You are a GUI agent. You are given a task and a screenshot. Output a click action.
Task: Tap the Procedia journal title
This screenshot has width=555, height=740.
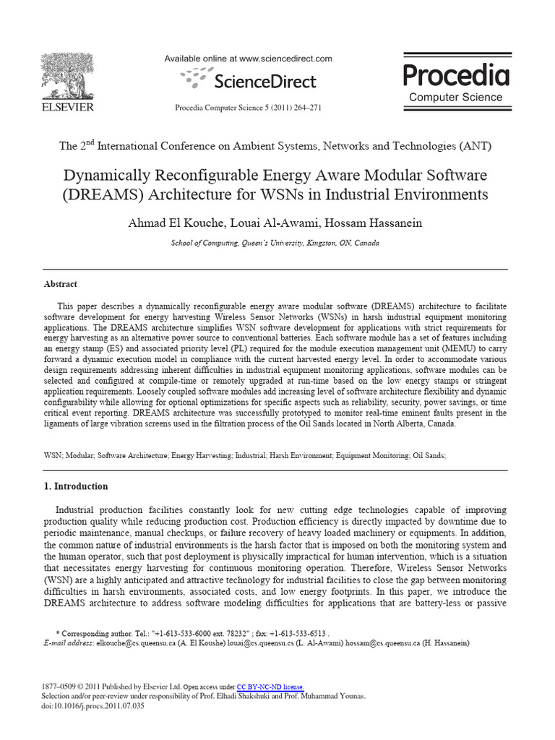tap(455, 74)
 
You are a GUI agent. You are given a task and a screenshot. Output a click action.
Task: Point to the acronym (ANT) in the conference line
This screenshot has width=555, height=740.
tap(475, 145)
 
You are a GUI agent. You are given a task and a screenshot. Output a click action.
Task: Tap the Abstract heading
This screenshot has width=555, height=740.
tap(61, 284)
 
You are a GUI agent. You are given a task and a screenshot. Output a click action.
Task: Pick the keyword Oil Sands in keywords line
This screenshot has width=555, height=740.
tap(429, 456)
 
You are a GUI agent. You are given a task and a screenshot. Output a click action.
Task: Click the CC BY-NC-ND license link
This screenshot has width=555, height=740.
tap(270, 687)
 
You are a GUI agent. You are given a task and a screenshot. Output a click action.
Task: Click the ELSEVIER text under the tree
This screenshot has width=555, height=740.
tap(67, 107)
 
